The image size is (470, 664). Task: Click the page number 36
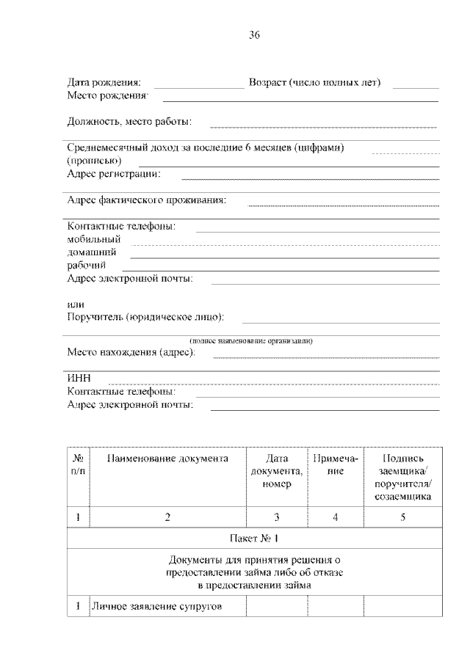(x=254, y=34)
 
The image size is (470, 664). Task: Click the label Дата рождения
(x=104, y=82)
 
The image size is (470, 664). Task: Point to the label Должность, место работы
(x=129, y=121)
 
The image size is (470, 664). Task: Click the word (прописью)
(x=94, y=161)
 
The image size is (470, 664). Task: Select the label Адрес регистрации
(x=114, y=174)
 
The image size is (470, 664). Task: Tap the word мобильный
(x=93, y=239)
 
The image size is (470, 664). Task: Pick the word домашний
(x=92, y=252)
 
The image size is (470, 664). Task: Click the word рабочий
(x=87, y=265)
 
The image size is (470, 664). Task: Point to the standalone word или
(x=75, y=304)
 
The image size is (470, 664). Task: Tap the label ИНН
(x=78, y=378)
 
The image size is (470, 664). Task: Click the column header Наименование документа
(x=167, y=459)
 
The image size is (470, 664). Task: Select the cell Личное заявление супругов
(x=156, y=608)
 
